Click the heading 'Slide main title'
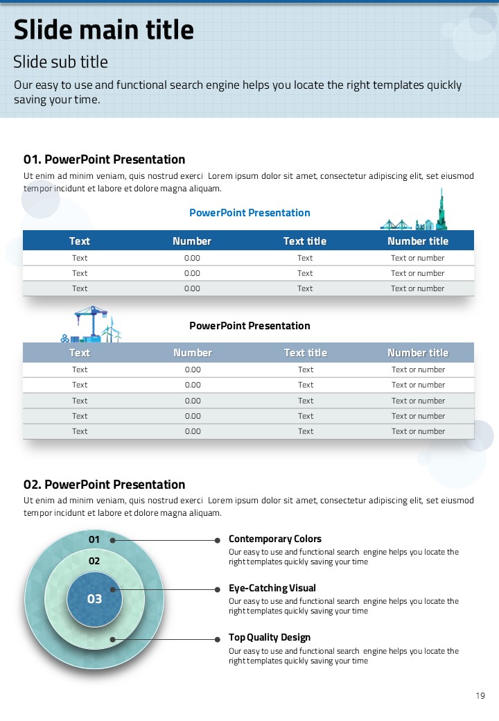click(104, 31)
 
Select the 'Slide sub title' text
click(60, 62)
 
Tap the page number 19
click(480, 696)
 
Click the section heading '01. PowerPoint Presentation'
click(104, 159)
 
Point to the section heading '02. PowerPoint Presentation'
click(104, 485)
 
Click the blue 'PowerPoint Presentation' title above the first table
click(249, 213)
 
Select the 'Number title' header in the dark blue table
click(417, 241)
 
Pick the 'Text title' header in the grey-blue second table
click(305, 353)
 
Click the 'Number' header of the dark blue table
click(192, 241)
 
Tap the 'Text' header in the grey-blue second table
click(80, 353)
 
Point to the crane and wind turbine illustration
click(92, 325)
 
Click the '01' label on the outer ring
click(94, 539)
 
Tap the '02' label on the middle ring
click(94, 561)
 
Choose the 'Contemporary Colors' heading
click(275, 539)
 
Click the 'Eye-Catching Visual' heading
click(272, 588)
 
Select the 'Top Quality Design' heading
click(270, 637)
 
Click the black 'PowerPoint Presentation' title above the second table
click(249, 326)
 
